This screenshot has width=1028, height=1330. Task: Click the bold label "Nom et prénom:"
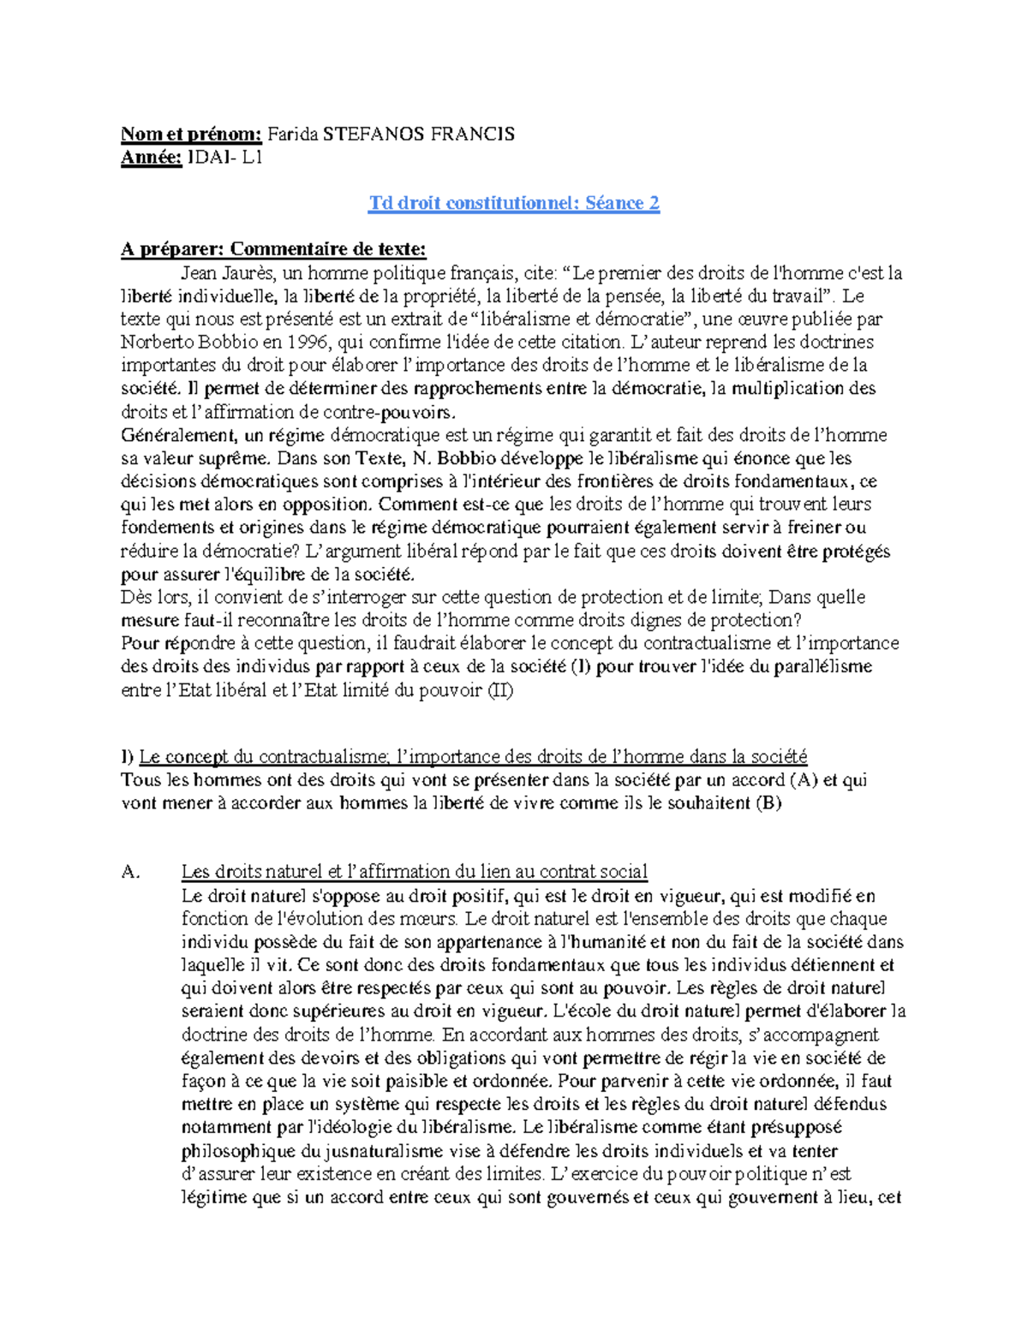tap(191, 134)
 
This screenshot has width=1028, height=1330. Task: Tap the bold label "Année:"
tap(152, 157)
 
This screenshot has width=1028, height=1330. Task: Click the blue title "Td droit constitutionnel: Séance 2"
tap(514, 203)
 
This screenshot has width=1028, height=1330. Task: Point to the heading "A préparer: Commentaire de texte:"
tap(273, 249)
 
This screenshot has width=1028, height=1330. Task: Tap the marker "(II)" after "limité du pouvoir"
tap(499, 689)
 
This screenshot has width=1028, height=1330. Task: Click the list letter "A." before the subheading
tap(130, 872)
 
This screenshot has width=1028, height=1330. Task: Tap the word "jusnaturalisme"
tap(373, 1150)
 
